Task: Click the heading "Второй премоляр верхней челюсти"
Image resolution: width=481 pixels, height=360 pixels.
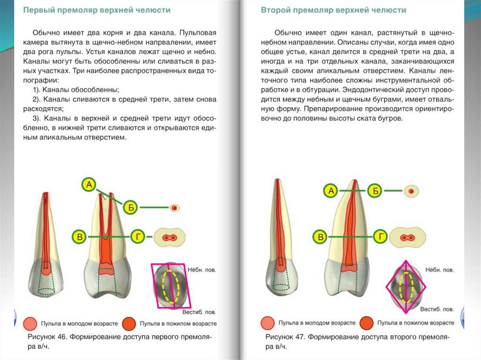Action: click(x=334, y=10)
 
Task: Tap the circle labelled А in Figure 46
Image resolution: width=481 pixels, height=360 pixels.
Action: click(x=89, y=184)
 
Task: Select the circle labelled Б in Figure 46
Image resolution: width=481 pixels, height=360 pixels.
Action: click(x=131, y=207)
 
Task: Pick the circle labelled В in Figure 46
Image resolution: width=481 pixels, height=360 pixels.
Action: click(x=80, y=237)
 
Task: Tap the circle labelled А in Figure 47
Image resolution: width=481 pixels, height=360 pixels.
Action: click(x=331, y=191)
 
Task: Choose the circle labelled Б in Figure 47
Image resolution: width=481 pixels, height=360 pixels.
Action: click(x=375, y=191)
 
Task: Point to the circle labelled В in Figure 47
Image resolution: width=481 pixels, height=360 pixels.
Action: click(x=321, y=237)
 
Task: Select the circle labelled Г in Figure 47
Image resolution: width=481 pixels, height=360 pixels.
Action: click(x=380, y=237)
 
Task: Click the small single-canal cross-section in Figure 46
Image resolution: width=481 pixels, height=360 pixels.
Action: click(x=174, y=207)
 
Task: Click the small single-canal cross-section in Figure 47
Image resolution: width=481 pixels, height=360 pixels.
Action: click(x=411, y=191)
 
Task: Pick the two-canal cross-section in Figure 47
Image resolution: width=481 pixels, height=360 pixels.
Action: click(x=407, y=237)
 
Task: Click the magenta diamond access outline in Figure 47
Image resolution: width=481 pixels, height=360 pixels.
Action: click(x=405, y=286)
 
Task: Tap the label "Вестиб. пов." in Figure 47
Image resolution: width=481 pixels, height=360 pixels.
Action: click(x=437, y=309)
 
